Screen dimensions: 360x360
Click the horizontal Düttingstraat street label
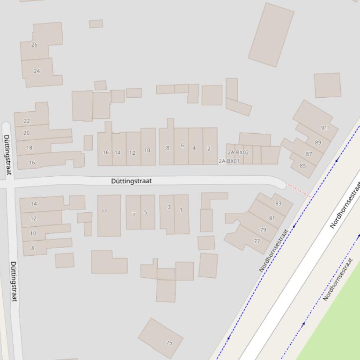pos(132,181)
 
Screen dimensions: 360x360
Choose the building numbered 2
pos(209,149)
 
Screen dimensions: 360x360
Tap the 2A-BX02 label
pos(238,152)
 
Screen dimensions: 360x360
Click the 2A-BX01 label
pos(229,161)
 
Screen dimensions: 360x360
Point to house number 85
pos(303,166)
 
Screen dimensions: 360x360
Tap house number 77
pos(257,241)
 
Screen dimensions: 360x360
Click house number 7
pos(133,215)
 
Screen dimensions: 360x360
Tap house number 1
pos(181,210)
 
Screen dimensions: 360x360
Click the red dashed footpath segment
pos(298,190)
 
